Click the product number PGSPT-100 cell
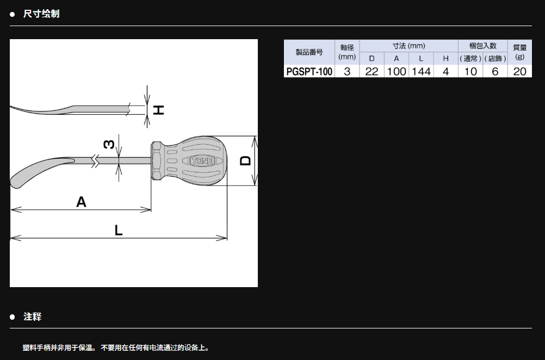point(309,72)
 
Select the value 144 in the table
point(422,72)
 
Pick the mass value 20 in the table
point(519,72)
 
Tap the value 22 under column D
point(371,72)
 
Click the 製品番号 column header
point(309,52)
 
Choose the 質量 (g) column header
point(519,52)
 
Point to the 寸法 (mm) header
point(409,46)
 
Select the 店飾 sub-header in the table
point(496,59)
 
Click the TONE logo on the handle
point(202,161)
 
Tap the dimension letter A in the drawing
point(81,202)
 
